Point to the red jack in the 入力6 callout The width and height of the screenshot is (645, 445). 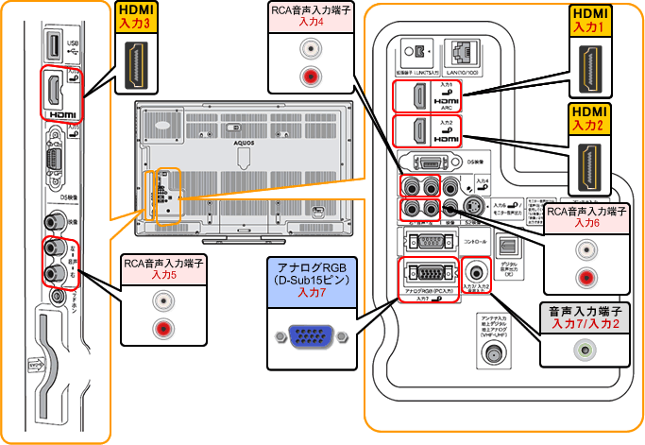586,277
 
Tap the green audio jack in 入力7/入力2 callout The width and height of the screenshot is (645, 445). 586,349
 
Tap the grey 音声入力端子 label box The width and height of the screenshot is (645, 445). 586,316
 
